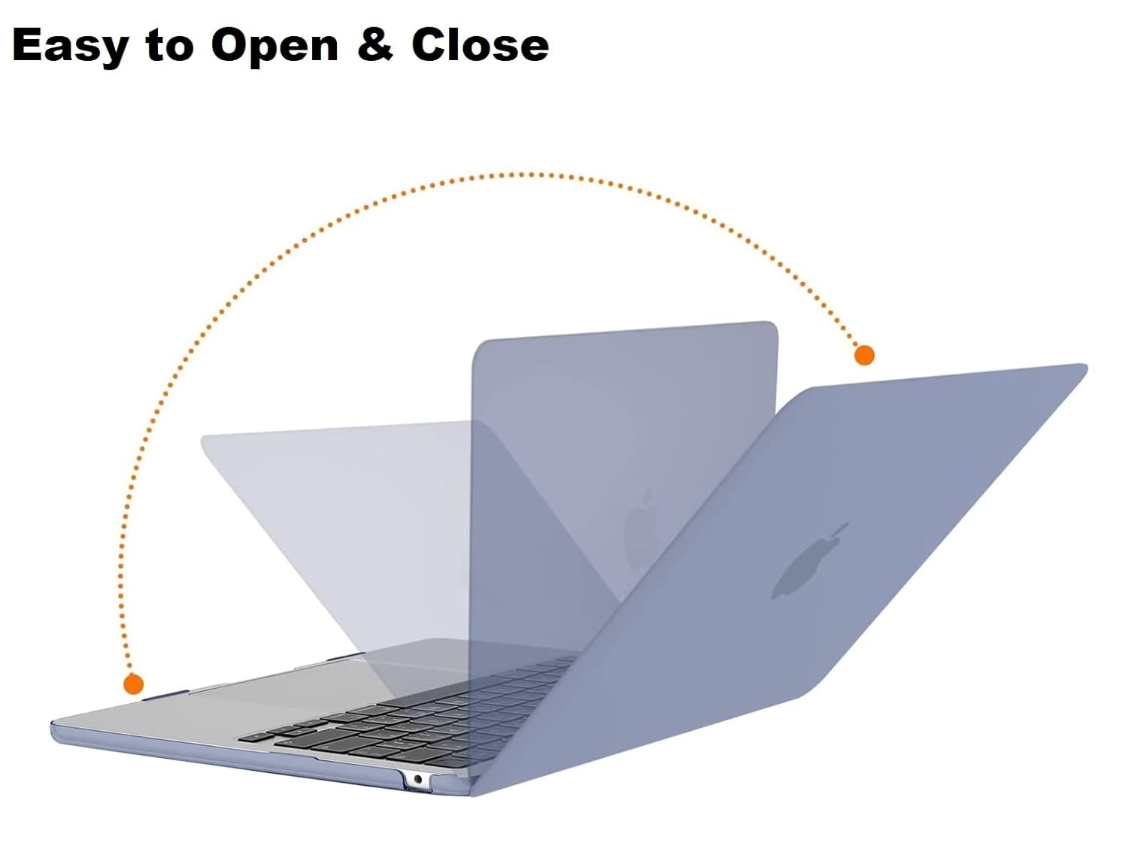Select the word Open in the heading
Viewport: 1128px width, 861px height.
[x=274, y=47]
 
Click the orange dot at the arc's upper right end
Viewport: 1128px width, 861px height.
[x=865, y=355]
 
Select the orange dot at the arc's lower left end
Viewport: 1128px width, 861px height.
[x=134, y=684]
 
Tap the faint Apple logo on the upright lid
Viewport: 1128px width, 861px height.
[x=641, y=526]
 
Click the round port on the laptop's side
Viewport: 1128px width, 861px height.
[x=417, y=779]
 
